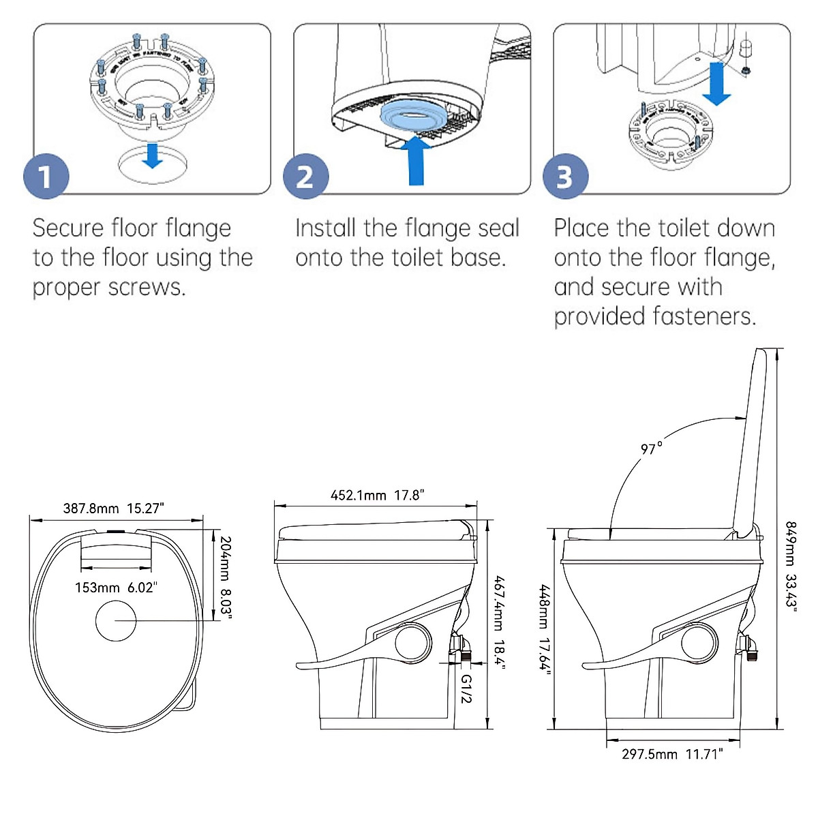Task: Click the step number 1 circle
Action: (46, 177)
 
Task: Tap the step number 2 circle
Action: (306, 177)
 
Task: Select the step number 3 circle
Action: (565, 177)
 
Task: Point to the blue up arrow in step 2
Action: (416, 160)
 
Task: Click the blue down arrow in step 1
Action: (152, 155)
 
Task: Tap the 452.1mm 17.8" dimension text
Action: (377, 496)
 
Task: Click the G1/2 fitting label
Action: (466, 688)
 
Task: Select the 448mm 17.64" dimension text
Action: (544, 626)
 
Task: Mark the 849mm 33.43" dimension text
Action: (791, 566)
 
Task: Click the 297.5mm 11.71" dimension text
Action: (671, 754)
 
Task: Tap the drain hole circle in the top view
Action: (116, 620)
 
